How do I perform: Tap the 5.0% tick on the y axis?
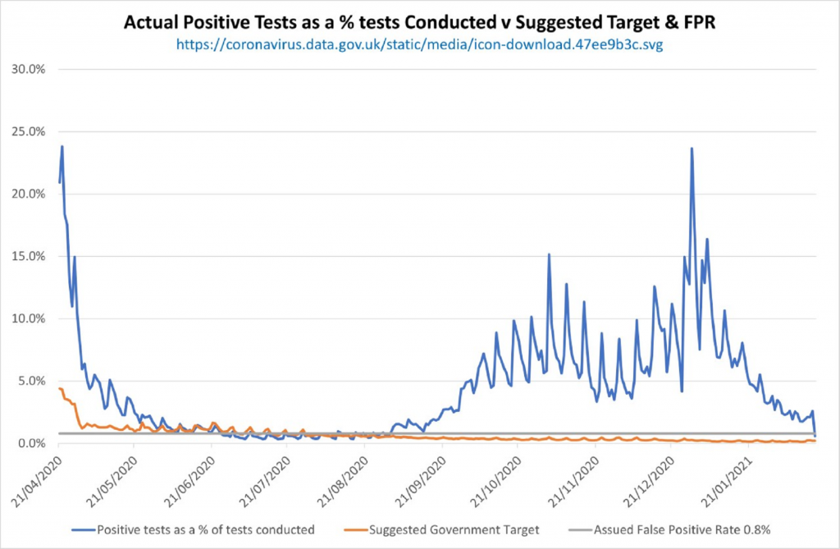32,381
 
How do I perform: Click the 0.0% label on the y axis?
32,443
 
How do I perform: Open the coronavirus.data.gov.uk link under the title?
419,45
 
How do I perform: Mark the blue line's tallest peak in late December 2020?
692,149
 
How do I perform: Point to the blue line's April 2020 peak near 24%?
62,147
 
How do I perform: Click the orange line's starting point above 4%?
60,388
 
